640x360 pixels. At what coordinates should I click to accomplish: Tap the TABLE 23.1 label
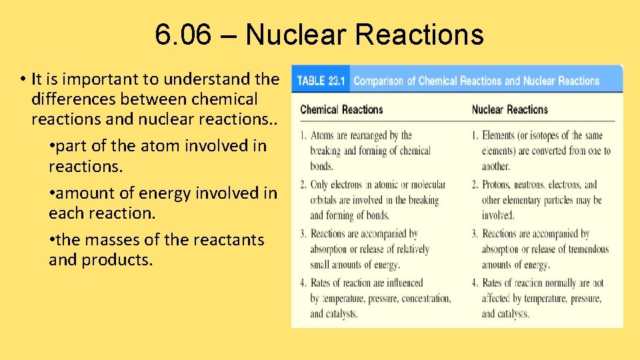pyautogui.click(x=321, y=81)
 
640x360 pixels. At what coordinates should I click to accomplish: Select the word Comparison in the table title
pyautogui.click(x=379, y=81)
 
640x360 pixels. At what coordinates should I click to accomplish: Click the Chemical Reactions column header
pyautogui.click(x=341, y=109)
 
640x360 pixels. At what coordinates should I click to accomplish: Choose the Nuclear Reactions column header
pyautogui.click(x=509, y=109)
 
